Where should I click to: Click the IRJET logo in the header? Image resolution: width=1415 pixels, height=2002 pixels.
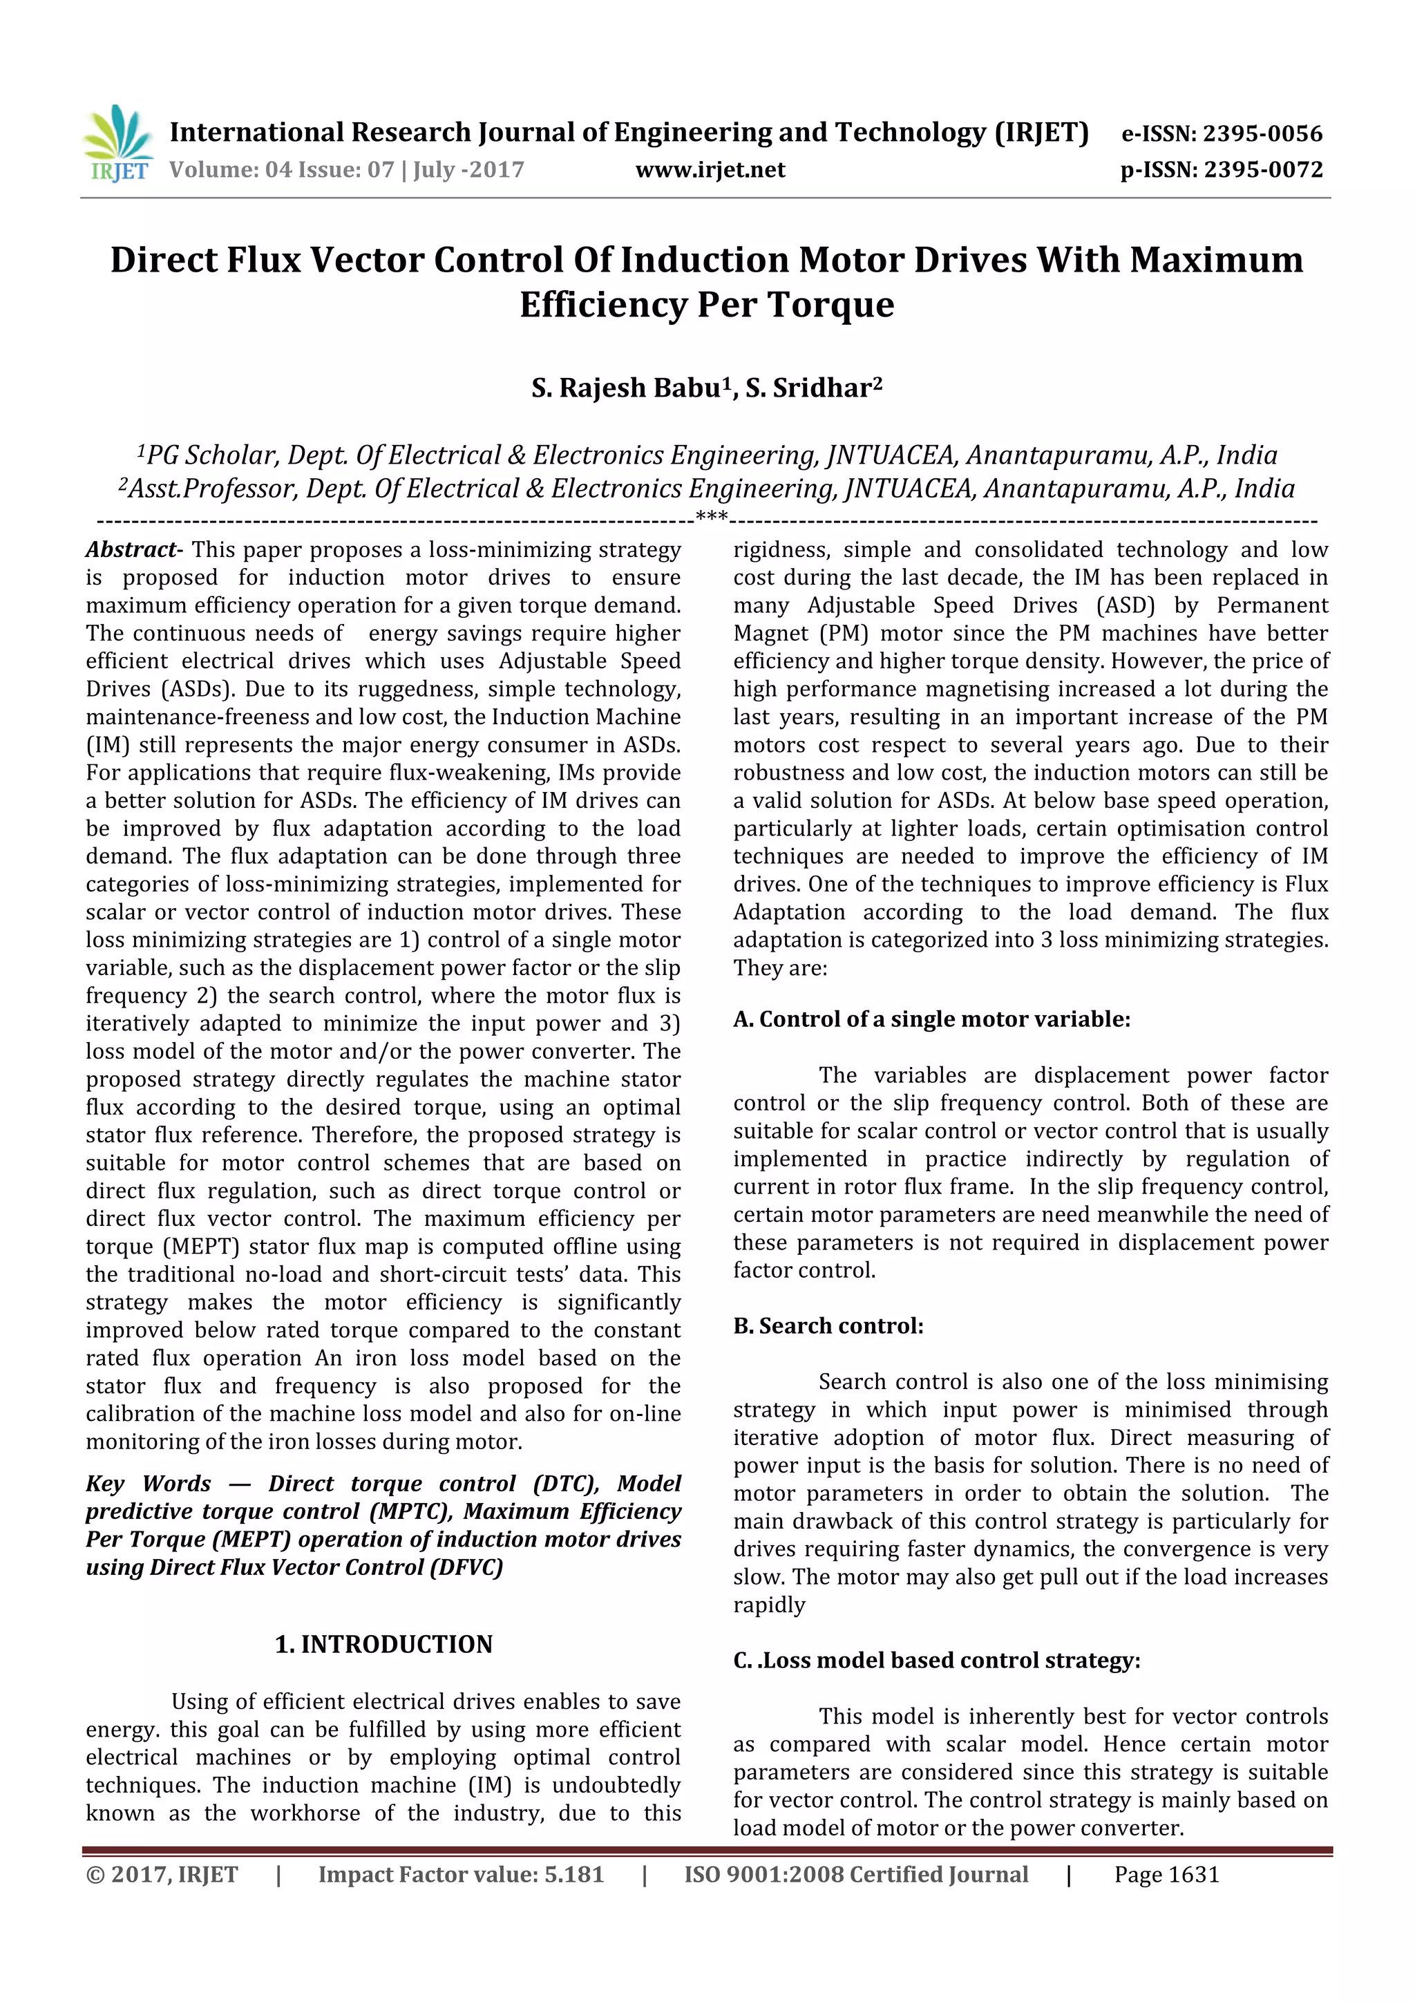coord(119,143)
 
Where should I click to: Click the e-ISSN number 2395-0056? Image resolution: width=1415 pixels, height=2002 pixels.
coord(1262,133)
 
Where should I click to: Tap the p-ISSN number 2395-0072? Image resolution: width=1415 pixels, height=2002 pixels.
coord(1263,169)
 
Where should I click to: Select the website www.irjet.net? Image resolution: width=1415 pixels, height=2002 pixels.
coord(710,169)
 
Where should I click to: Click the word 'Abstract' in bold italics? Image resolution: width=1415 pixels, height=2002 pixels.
coord(131,549)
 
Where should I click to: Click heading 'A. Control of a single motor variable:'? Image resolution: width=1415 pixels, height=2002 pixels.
coord(931,1019)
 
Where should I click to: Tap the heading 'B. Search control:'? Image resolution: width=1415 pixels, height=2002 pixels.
coord(828,1325)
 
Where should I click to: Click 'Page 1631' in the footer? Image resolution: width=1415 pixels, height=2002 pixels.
coord(1166,1874)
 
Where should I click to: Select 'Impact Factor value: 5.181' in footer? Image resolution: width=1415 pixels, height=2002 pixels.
coord(460,1874)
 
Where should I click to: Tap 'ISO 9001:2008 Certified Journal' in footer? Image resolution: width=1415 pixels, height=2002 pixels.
coord(855,1874)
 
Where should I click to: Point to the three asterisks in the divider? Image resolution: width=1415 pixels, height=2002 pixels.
coord(712,518)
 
